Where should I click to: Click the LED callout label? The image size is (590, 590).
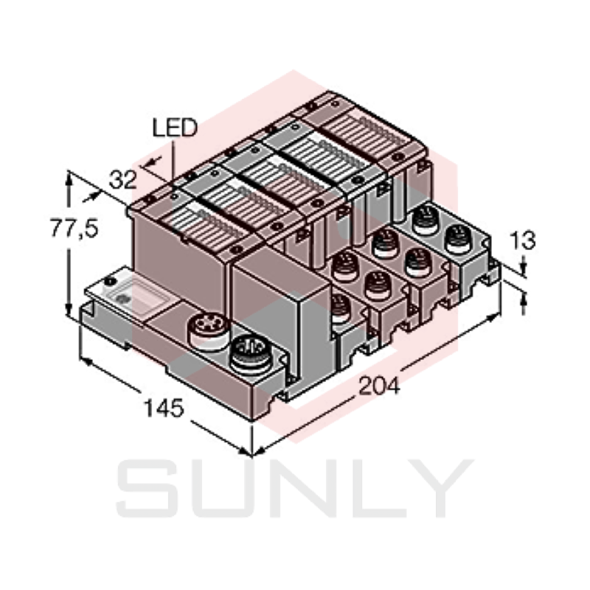pyautogui.click(x=175, y=128)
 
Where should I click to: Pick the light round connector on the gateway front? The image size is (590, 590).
pyautogui.click(x=204, y=327)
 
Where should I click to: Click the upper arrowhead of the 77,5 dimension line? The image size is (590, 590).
pyautogui.click(x=69, y=177)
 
